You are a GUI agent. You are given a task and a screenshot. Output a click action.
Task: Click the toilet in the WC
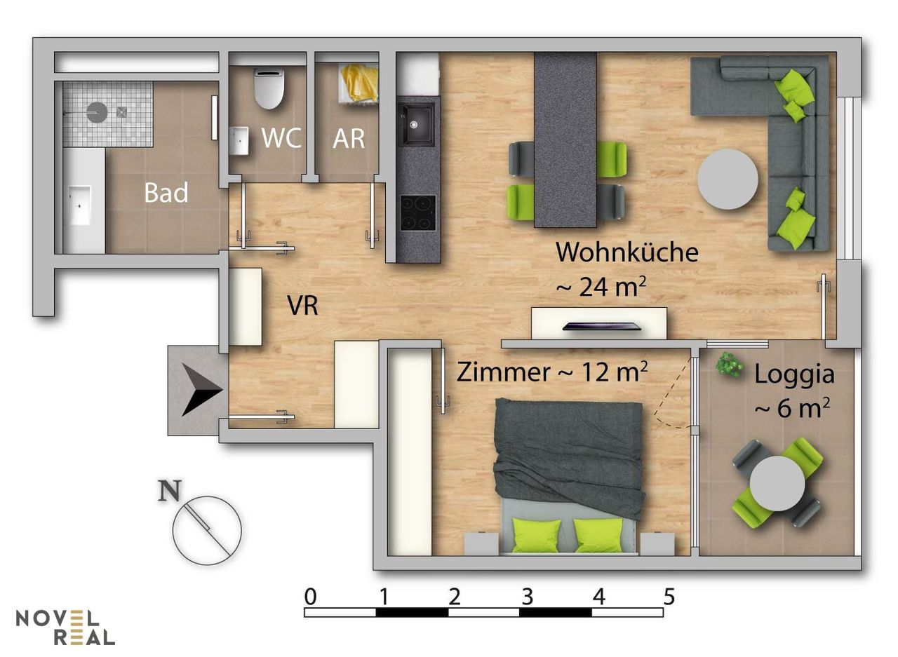pyautogui.click(x=269, y=88)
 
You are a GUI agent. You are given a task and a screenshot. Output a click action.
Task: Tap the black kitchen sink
pyautogui.click(x=416, y=123)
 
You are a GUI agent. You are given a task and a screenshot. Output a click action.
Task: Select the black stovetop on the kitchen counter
pyautogui.click(x=417, y=212)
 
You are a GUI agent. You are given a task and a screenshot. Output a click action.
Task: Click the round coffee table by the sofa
pyautogui.click(x=728, y=179)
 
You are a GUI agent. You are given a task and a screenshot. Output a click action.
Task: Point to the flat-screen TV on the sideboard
pyautogui.click(x=601, y=327)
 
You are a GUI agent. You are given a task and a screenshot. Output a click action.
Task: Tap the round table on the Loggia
pyautogui.click(x=777, y=484)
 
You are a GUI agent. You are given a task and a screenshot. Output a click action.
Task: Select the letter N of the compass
pyautogui.click(x=170, y=491)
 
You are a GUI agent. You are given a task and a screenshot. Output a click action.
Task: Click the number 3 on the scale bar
pyautogui.click(x=527, y=597)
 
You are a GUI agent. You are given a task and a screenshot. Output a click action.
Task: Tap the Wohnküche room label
pyautogui.click(x=627, y=252)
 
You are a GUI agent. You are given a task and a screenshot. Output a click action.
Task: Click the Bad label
pyautogui.click(x=166, y=193)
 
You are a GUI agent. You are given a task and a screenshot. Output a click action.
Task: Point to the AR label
pyautogui.click(x=349, y=139)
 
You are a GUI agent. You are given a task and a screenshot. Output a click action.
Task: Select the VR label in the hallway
pyautogui.click(x=302, y=306)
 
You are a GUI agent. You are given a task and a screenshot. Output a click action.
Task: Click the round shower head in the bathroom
pyautogui.click(x=97, y=111)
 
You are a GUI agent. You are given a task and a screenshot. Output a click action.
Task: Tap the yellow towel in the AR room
pyautogui.click(x=360, y=83)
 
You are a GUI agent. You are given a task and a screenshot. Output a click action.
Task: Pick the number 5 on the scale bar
pyautogui.click(x=669, y=597)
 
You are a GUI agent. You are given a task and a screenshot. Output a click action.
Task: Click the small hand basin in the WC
pyautogui.click(x=240, y=140)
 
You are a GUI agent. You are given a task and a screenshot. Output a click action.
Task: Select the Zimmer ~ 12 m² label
pyautogui.click(x=551, y=372)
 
